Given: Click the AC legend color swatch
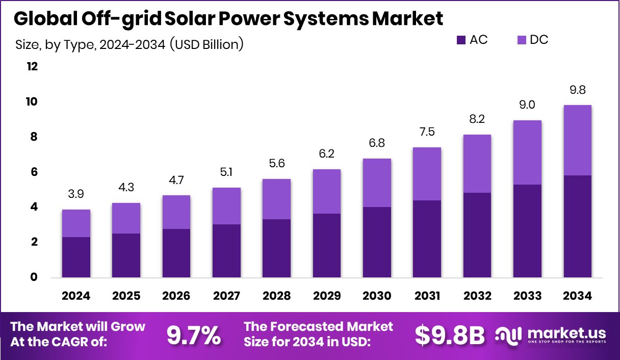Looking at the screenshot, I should tap(461, 40).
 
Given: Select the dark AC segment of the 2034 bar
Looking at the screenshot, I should tap(577, 226).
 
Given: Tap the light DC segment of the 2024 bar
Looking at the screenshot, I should tap(76, 223).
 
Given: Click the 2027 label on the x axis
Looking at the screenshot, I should tap(226, 296).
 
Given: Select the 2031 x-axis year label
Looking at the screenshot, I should tap(427, 296).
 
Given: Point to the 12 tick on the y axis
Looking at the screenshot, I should tap(32, 67).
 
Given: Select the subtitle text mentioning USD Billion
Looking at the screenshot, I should tap(130, 45).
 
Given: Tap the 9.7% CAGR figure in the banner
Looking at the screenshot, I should tap(194, 335).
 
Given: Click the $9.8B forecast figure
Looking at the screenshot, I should tap(449, 335).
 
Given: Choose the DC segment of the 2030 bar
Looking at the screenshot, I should tap(377, 183).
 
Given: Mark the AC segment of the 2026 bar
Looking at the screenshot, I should tap(176, 253).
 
